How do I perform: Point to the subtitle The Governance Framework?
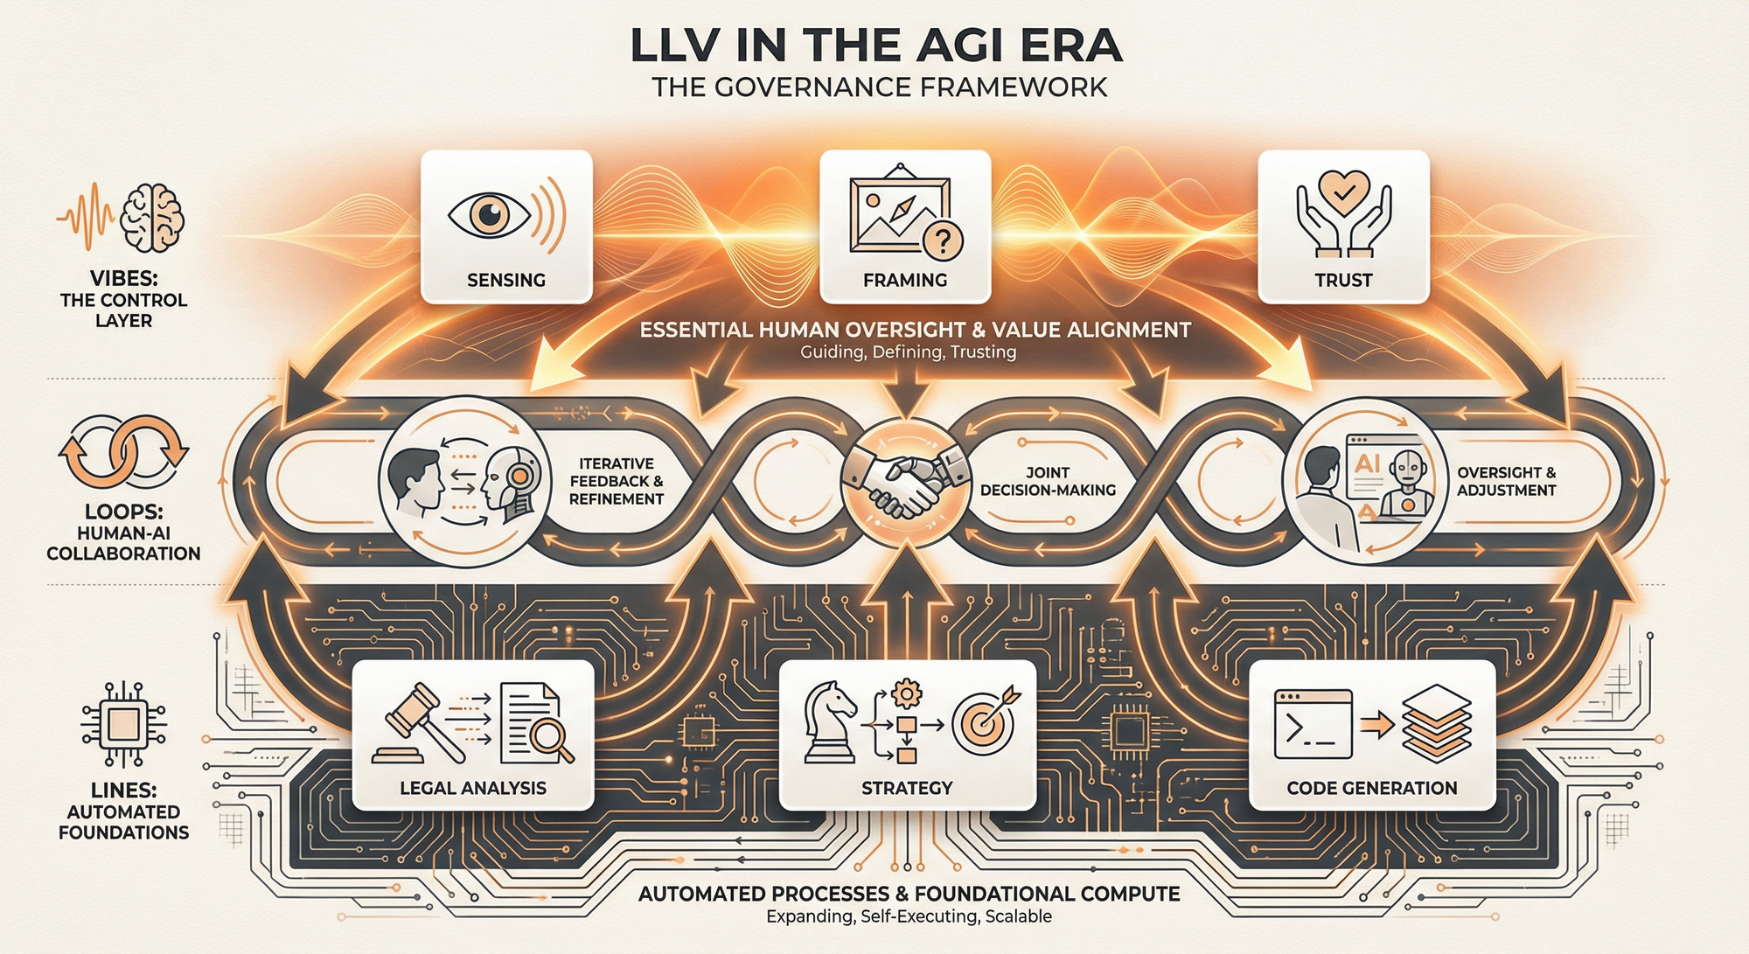(x=879, y=87)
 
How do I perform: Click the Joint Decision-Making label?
(x=1048, y=481)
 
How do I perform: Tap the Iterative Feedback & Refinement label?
(x=617, y=481)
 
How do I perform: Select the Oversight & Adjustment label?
(x=1506, y=481)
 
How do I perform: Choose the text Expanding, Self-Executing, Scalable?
(x=909, y=916)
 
